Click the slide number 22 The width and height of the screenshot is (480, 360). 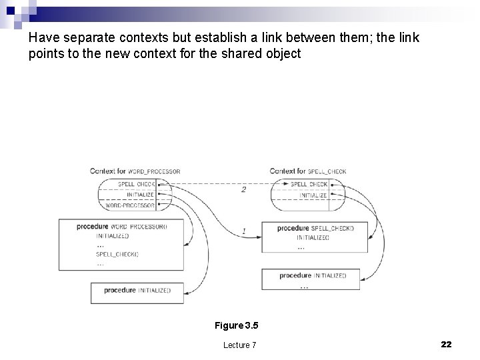pyautogui.click(x=446, y=344)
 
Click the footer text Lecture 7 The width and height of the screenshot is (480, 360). pyautogui.click(x=239, y=345)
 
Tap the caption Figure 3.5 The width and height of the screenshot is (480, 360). pyautogui.click(x=236, y=325)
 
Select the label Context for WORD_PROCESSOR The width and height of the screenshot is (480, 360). pyautogui.click(x=135, y=171)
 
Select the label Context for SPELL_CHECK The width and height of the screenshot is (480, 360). pyautogui.click(x=308, y=171)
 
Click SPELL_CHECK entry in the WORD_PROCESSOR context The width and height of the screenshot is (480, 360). pyautogui.click(x=136, y=184)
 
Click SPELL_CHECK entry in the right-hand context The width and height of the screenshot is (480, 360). pyautogui.click(x=309, y=184)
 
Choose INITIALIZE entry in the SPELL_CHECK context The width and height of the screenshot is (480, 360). pyautogui.click(x=313, y=195)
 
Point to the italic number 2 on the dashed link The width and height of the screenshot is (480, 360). pyautogui.click(x=243, y=189)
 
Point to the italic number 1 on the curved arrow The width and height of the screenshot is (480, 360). pyautogui.click(x=243, y=231)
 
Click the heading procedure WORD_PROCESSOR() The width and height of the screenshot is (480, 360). pyautogui.click(x=122, y=227)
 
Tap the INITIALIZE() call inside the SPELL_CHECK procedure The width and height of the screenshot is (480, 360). pyautogui.click(x=313, y=237)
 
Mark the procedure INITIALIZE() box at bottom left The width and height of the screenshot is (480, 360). pyautogui.click(x=137, y=291)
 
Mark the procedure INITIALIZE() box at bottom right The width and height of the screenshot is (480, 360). pyautogui.click(x=312, y=275)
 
